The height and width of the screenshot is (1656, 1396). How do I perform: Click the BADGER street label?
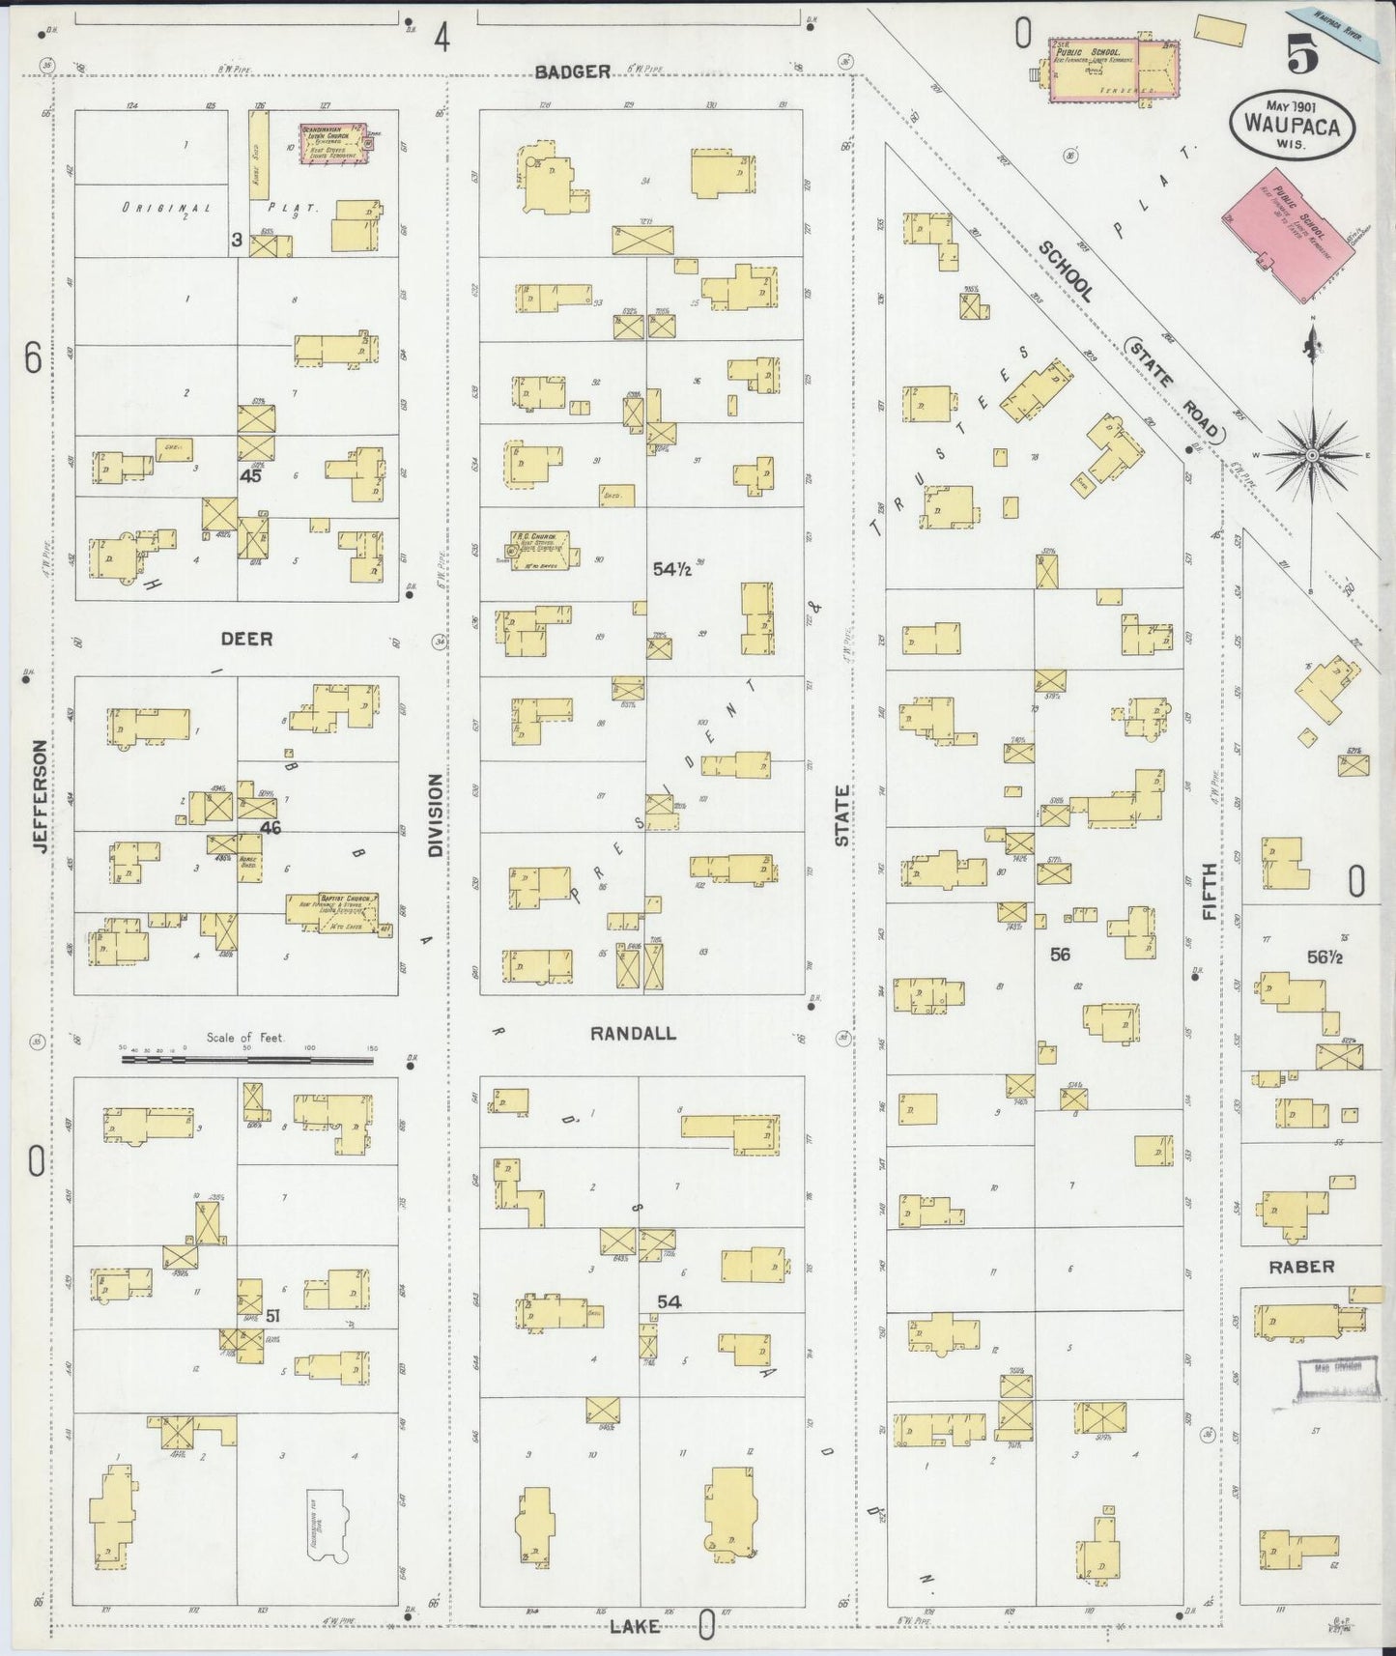(x=572, y=71)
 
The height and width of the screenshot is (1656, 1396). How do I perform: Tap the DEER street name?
(x=246, y=640)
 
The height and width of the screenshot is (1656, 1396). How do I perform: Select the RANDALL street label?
(x=633, y=1034)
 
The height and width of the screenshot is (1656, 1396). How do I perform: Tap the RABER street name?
(x=1301, y=1266)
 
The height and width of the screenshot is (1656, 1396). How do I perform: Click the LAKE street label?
(x=636, y=1627)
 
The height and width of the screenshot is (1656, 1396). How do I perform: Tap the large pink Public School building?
(x=1289, y=233)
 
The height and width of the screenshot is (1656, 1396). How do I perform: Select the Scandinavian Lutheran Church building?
(x=334, y=143)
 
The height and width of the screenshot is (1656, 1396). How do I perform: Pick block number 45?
(x=251, y=475)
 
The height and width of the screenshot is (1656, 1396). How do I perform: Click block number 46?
(x=270, y=827)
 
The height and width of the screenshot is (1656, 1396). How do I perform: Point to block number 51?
(x=273, y=1315)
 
